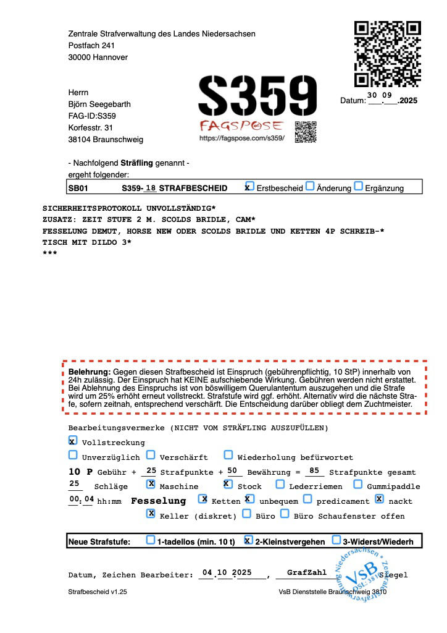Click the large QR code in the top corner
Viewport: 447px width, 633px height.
coord(387,54)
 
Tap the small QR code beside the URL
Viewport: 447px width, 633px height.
coord(306,132)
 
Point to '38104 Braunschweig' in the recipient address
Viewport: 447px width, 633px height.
coord(106,140)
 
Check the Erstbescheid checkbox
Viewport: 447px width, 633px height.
coord(249,187)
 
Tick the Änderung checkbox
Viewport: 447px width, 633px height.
coord(310,187)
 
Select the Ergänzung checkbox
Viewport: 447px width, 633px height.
coord(358,187)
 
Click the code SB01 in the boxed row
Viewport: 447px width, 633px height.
coord(78,188)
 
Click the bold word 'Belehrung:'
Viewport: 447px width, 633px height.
coord(89,372)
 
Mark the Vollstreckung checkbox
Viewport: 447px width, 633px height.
coord(73,441)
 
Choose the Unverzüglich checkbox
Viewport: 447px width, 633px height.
coord(73,456)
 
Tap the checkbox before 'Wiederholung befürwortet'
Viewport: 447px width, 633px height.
coord(228,456)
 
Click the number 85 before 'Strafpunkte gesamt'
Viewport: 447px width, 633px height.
coord(314,471)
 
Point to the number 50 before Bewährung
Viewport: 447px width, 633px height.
coord(232,471)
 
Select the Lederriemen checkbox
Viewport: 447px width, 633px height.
coord(280,485)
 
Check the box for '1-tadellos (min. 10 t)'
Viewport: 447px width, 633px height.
coord(151,540)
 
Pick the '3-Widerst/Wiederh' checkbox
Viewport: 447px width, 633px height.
coord(336,540)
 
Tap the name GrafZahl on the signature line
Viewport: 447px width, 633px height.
coord(307,573)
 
